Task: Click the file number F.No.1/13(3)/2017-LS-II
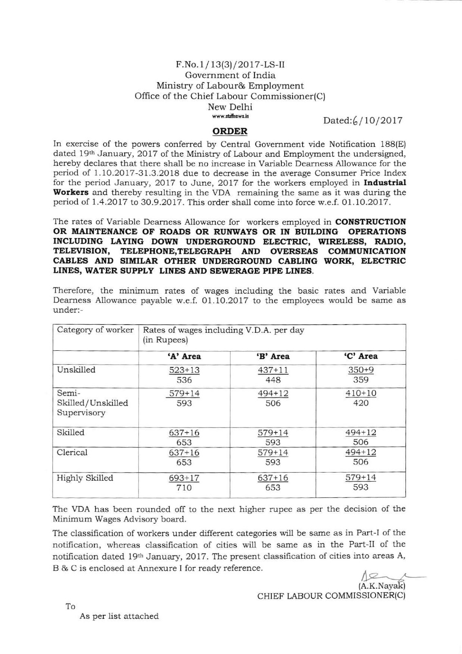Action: [x=230, y=64]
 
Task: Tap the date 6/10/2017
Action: [x=363, y=120]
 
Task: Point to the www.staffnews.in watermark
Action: [x=230, y=116]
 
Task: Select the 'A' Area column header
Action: [x=184, y=356]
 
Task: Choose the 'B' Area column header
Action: [x=273, y=356]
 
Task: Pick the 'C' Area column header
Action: [x=361, y=356]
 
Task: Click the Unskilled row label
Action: [x=76, y=370]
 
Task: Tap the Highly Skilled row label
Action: [x=85, y=478]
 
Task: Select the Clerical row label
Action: [x=72, y=452]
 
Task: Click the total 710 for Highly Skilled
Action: [x=184, y=488]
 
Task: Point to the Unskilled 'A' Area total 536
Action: [x=184, y=380]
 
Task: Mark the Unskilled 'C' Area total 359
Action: [x=361, y=380]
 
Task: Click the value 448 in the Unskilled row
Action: [x=273, y=380]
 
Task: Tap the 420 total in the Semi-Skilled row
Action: [x=361, y=403]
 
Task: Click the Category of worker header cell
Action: [x=95, y=330]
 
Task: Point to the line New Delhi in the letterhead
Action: [x=230, y=107]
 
